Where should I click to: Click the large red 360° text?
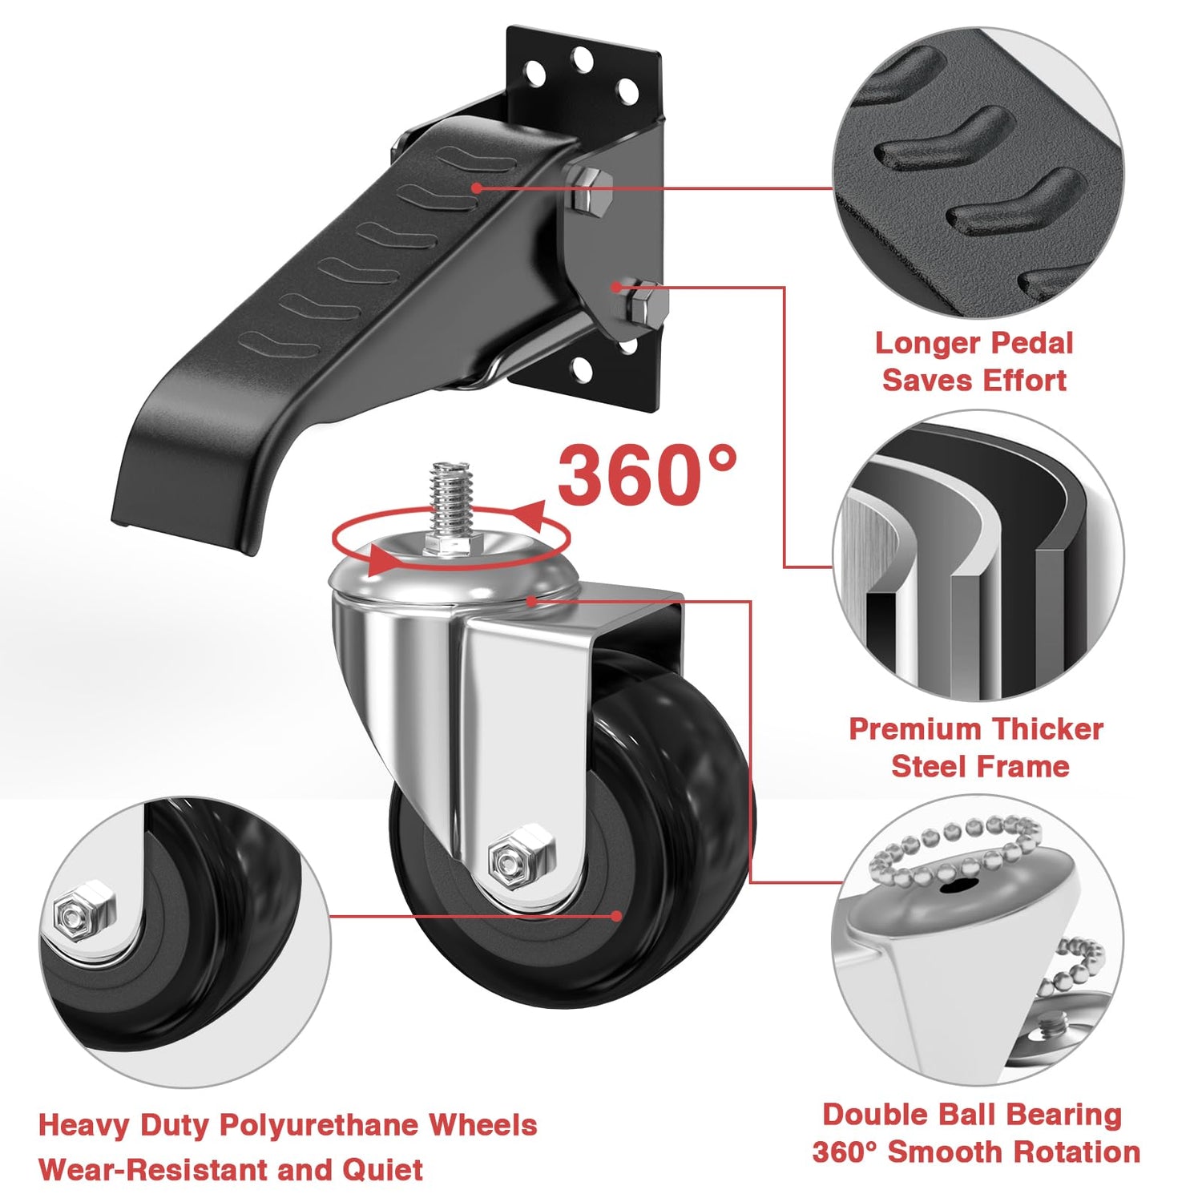click(646, 475)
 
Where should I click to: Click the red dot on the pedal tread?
click(476, 188)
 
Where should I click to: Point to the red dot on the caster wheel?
click(616, 916)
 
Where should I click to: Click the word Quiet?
click(383, 1170)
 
